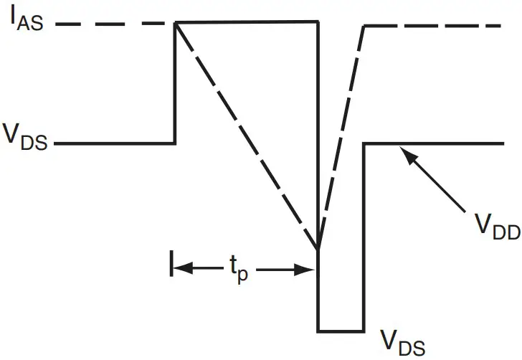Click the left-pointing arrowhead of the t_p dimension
coord(180,270)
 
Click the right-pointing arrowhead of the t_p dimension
coord(308,270)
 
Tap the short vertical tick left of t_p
coord(171,263)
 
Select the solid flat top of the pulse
coord(247,22)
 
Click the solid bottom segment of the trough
coord(341,331)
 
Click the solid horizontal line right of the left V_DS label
coord(115,143)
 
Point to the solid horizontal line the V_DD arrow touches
coord(459,143)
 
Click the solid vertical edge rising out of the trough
coord(364,237)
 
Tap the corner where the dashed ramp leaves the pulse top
coord(176,23)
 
